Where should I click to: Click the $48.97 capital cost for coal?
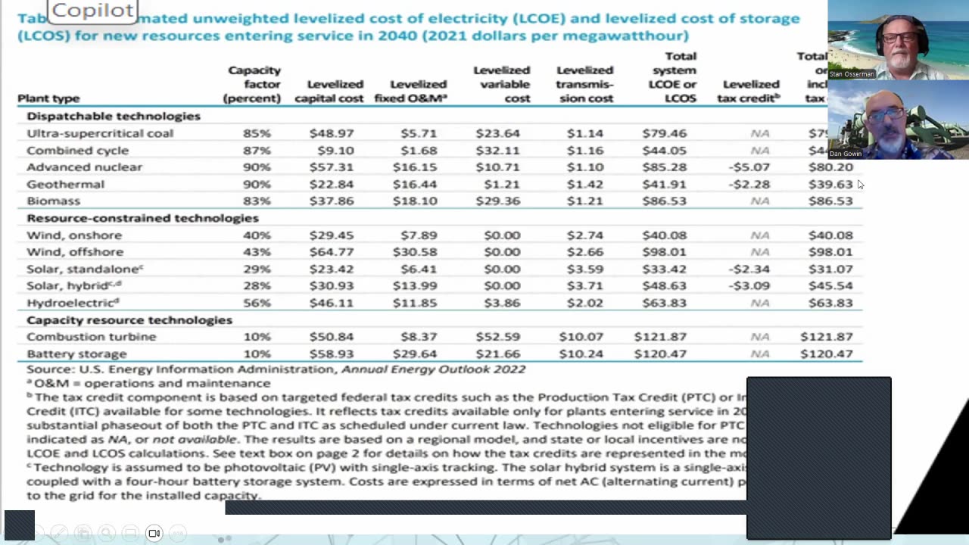(332, 133)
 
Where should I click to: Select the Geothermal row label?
(65, 184)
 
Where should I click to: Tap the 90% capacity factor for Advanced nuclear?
(257, 167)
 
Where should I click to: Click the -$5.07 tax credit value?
(749, 167)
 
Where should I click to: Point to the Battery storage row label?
(76, 354)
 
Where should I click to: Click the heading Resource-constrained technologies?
(142, 218)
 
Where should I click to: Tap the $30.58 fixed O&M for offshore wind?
(415, 252)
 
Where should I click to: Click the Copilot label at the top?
(93, 11)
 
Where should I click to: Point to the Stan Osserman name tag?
(852, 74)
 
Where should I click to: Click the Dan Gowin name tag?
(846, 154)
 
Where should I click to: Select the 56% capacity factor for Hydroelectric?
(257, 303)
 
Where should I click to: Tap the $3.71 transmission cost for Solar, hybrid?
(585, 286)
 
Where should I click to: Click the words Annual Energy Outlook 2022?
(433, 369)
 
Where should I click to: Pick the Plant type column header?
(48, 98)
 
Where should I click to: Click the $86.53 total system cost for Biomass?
(664, 201)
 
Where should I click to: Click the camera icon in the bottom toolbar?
(154, 534)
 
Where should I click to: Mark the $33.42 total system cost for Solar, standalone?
(664, 269)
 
